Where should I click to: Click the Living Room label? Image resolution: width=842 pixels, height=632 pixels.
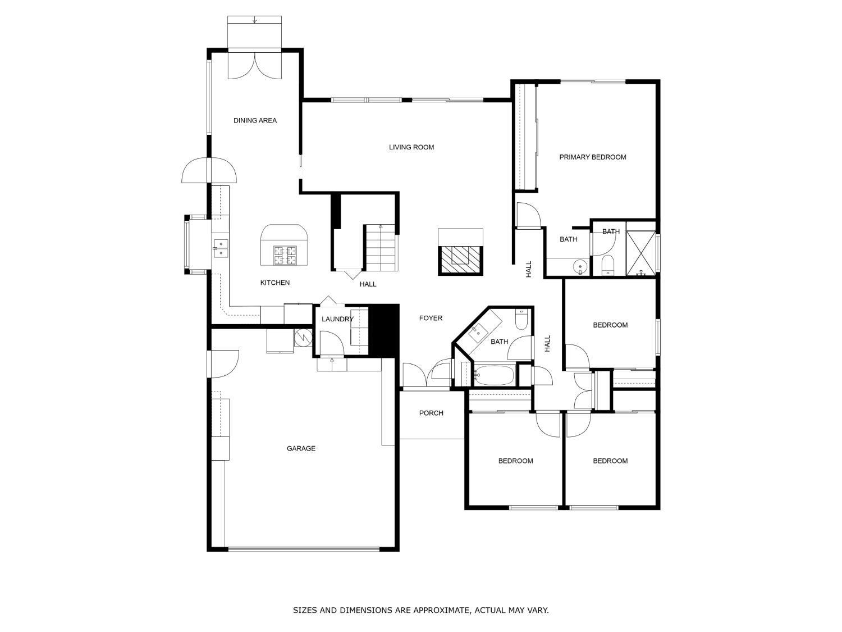[x=411, y=147]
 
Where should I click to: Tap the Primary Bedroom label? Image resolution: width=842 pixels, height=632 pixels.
[x=592, y=157]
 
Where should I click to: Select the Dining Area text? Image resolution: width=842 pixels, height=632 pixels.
[x=255, y=120]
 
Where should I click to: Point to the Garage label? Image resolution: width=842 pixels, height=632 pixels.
[x=301, y=448]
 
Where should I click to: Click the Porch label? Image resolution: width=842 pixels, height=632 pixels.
[x=431, y=413]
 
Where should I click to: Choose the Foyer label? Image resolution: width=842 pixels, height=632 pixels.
[x=431, y=318]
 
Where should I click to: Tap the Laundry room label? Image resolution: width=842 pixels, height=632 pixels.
[x=337, y=319]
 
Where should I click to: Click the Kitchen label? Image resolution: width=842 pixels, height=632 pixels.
[x=274, y=283]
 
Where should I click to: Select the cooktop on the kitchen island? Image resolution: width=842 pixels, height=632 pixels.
[x=285, y=255]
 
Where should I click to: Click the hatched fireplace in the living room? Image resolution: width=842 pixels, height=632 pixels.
[x=460, y=260]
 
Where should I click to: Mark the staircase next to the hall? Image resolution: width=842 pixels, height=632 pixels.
[x=381, y=248]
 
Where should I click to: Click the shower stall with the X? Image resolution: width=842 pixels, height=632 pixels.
[x=640, y=253]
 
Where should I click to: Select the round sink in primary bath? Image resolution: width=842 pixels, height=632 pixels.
[x=580, y=267]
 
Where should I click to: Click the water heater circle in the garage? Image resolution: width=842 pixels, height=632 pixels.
[x=302, y=337]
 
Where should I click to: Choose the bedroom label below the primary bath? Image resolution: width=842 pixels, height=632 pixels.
[x=610, y=325]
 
